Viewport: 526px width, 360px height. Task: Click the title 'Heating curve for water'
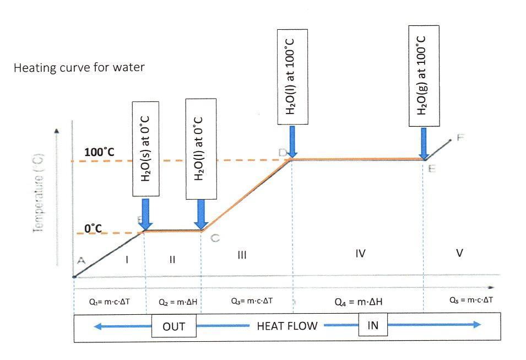pos(79,68)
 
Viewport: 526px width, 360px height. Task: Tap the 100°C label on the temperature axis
pos(99,152)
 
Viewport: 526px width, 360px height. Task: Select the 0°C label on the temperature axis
pos(94,227)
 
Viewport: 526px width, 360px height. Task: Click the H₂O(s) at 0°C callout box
pos(145,148)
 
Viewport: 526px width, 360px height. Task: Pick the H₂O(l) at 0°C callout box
pos(201,148)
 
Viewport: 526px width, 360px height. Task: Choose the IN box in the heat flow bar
pos(373,325)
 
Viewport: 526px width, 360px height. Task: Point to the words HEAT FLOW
pos(287,326)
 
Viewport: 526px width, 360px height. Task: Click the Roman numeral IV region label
pos(361,254)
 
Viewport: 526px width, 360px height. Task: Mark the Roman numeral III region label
pos(242,255)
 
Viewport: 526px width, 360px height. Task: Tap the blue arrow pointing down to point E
pos(424,142)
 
